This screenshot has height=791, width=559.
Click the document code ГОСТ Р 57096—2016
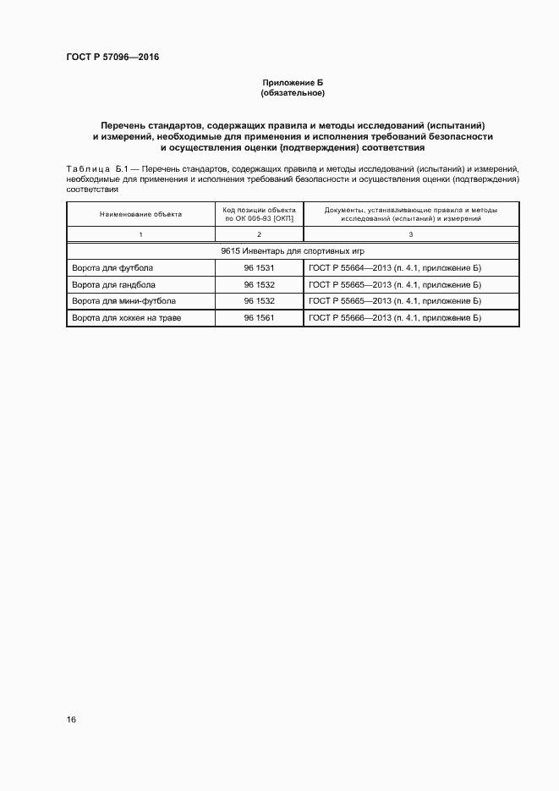click(x=112, y=58)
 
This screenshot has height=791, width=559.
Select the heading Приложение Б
click(x=293, y=83)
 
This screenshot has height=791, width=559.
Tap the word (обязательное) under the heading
click(x=293, y=92)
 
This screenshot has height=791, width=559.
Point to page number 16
click(x=71, y=719)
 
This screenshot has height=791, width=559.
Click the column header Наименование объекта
click(x=140, y=214)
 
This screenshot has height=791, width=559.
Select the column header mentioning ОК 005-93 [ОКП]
click(x=259, y=214)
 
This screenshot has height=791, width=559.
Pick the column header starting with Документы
click(x=411, y=214)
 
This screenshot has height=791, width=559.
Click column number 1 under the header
click(x=140, y=233)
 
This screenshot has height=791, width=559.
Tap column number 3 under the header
click(x=411, y=233)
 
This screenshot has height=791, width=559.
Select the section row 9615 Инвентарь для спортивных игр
click(x=293, y=251)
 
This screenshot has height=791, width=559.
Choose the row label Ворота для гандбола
click(x=114, y=285)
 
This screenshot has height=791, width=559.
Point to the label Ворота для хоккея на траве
click(x=127, y=318)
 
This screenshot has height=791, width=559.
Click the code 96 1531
click(x=259, y=268)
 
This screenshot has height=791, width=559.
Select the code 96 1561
click(x=259, y=318)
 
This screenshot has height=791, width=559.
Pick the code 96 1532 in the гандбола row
click(x=259, y=285)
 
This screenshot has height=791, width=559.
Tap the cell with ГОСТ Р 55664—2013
click(x=395, y=268)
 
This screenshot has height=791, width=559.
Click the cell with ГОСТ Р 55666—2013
click(x=395, y=318)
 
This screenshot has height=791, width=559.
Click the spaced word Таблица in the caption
click(x=87, y=170)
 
